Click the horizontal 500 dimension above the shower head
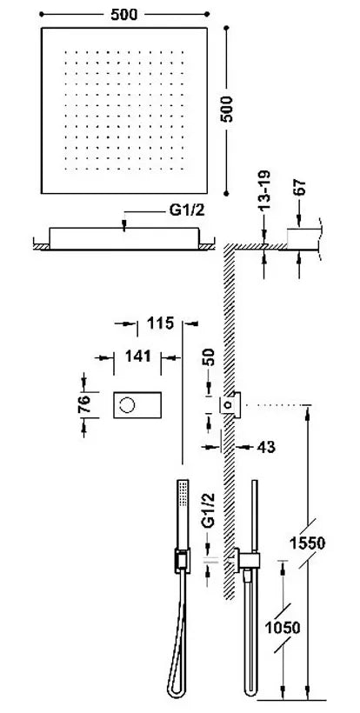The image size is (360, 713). coord(123,14)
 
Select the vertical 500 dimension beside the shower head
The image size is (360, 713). coord(226,109)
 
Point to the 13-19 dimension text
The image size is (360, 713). coord(264,190)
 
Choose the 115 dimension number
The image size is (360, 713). coord(161,323)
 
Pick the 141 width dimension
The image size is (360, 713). coord(137,356)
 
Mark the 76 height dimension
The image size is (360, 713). coord(83,404)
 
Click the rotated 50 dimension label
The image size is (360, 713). coord(209,358)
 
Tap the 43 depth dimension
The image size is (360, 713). coord(266,447)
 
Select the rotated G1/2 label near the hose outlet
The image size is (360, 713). coord(208,511)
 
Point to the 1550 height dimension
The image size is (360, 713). coord(308,543)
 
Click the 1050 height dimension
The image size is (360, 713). coord(283,628)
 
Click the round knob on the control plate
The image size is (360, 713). coord(127,404)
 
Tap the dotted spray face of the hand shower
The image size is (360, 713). coord(183,493)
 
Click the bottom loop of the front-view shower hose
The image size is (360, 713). coord(177,692)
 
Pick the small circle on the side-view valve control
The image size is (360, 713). coord(230,403)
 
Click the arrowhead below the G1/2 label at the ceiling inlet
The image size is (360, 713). coord(123,227)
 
